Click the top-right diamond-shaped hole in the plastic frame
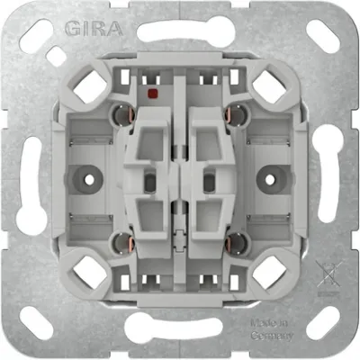pos(269,86)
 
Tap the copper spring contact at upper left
pos(117,115)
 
